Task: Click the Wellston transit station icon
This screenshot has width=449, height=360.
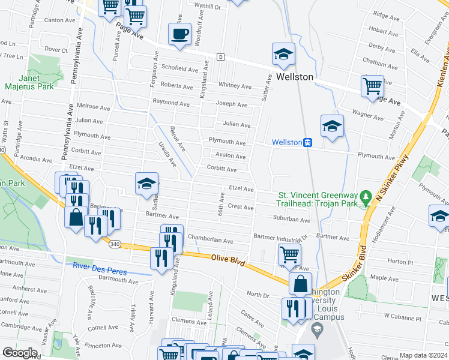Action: coord(307,142)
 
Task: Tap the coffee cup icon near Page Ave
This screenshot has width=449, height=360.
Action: coord(179,34)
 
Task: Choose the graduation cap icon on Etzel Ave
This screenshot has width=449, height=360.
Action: coord(146,185)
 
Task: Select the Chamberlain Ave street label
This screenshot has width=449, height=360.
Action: coord(210,241)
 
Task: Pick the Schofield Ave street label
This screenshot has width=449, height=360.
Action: coord(179,70)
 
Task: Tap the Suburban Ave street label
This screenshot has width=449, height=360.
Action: coord(291,220)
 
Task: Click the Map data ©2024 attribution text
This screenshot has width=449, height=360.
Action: coord(423,355)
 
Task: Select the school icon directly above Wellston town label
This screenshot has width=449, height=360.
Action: coord(283,55)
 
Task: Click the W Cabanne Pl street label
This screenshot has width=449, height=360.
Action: coord(403,315)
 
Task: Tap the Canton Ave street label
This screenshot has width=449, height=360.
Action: coord(59,20)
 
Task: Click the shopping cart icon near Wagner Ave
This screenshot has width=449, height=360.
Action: coord(372,86)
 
